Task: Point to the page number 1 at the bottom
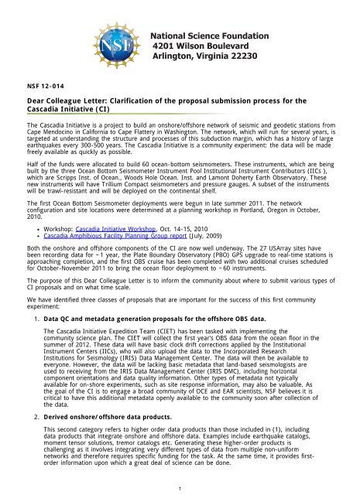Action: pyautogui.click(x=180, y=488)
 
